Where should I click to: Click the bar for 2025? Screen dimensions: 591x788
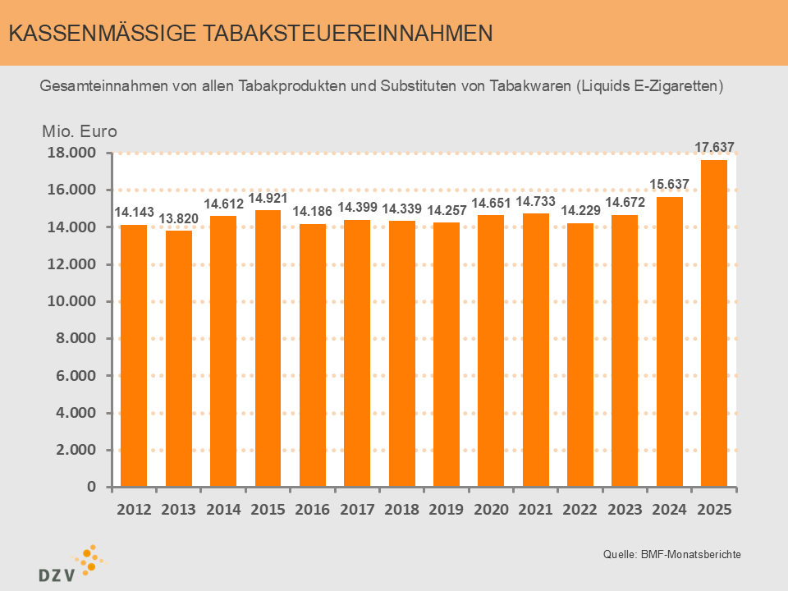tap(713, 323)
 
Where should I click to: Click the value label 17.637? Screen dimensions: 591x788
tap(714, 148)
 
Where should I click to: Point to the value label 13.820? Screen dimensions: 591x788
tap(178, 219)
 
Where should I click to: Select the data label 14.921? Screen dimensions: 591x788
tap(268, 199)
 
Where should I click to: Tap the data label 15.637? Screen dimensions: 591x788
tap(669, 185)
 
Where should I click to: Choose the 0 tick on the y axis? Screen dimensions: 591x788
tap(92, 488)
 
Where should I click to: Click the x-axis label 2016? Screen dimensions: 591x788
tap(312, 510)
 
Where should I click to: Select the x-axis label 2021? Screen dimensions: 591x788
tap(535, 510)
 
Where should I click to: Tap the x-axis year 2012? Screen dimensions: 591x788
tap(134, 510)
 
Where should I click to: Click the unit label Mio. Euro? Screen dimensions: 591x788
tap(80, 131)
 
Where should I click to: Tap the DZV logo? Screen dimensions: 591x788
tap(70, 563)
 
